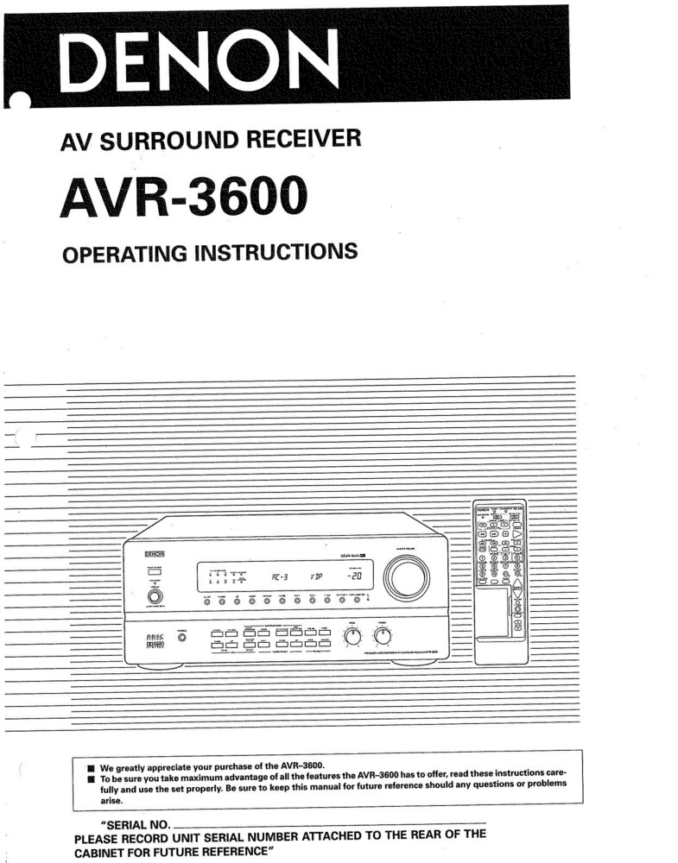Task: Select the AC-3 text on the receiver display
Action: (282, 577)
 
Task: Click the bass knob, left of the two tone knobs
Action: (352, 637)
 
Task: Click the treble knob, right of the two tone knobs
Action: (383, 637)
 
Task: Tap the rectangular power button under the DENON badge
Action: (155, 572)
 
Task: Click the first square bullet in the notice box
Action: (90, 767)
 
